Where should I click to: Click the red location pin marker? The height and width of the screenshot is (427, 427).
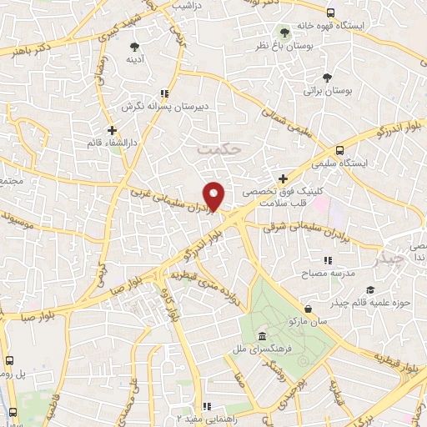pyautogui.click(x=215, y=196)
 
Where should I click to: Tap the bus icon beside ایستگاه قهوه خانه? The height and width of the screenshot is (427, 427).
pyautogui.click(x=330, y=13)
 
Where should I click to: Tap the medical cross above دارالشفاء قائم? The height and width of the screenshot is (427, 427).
pyautogui.click(x=112, y=131)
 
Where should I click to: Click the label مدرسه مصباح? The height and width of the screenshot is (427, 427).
pyautogui.click(x=333, y=273)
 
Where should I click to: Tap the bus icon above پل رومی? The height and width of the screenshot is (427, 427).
pyautogui.click(x=8, y=361)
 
